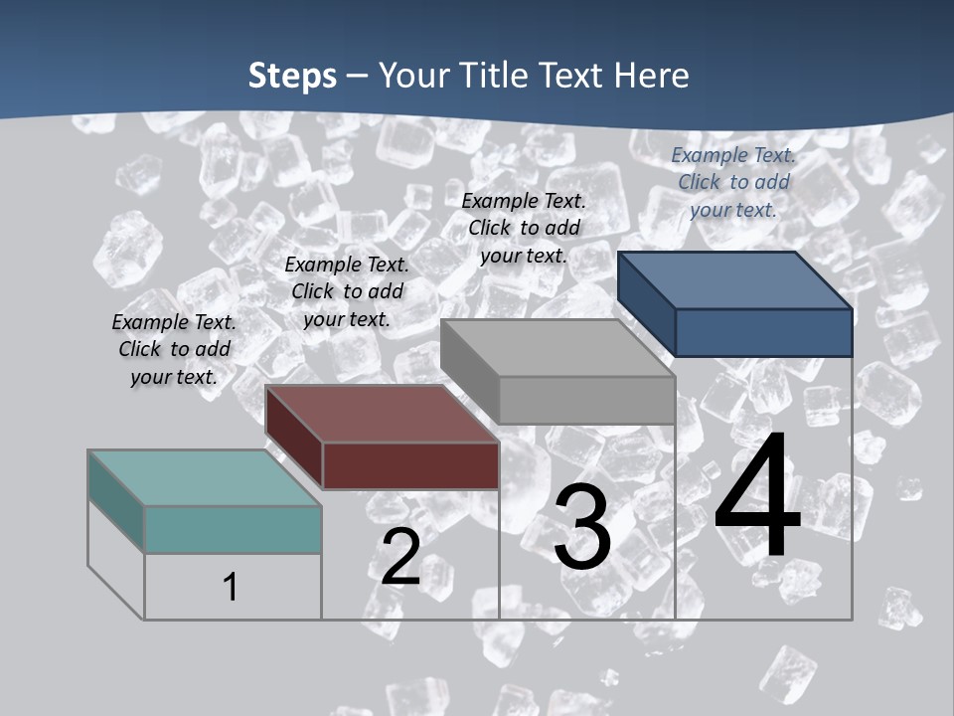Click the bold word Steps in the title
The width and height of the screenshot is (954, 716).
(292, 76)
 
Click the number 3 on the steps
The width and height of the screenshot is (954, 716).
(582, 527)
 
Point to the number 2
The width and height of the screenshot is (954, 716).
(400, 557)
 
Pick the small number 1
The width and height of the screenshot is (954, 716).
(231, 587)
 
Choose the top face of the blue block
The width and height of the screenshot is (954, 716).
(734, 279)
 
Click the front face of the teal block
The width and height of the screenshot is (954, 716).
(233, 529)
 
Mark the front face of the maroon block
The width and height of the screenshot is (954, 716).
(410, 465)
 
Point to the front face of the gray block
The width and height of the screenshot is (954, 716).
(586, 400)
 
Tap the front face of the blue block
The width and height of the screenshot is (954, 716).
(763, 332)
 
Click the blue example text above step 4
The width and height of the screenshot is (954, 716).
(733, 182)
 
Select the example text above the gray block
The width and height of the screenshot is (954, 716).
(524, 228)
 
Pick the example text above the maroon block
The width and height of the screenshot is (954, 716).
(347, 291)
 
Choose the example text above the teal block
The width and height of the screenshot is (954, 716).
(174, 349)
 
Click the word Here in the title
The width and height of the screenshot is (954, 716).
(651, 76)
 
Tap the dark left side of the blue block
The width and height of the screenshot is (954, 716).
(646, 302)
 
